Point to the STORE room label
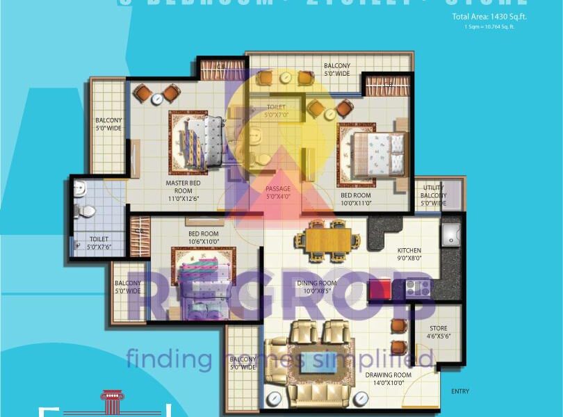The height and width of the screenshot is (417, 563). (x=439, y=332)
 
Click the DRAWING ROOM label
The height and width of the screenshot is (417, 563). (x=389, y=379)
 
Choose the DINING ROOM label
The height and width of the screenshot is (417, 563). (x=316, y=287)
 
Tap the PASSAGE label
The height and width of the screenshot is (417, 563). (x=279, y=193)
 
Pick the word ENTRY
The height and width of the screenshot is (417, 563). (x=460, y=391)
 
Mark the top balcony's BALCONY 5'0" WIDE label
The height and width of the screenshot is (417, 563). (x=336, y=69)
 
